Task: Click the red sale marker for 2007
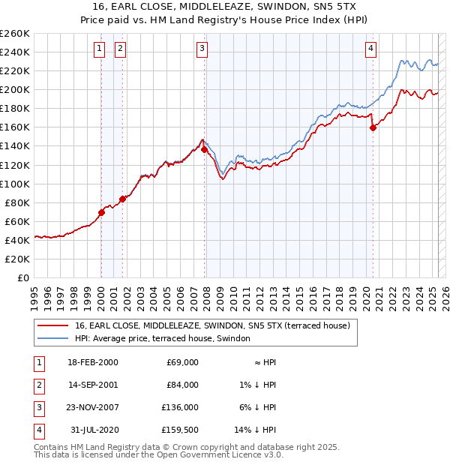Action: tap(205, 150)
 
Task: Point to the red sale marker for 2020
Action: tap(373, 127)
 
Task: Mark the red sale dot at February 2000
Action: tap(101, 212)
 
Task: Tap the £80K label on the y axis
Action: tap(17, 202)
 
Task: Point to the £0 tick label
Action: tap(22, 277)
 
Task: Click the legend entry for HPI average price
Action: tap(166, 338)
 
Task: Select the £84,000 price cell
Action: tap(182, 385)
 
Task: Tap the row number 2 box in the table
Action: tap(37, 385)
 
